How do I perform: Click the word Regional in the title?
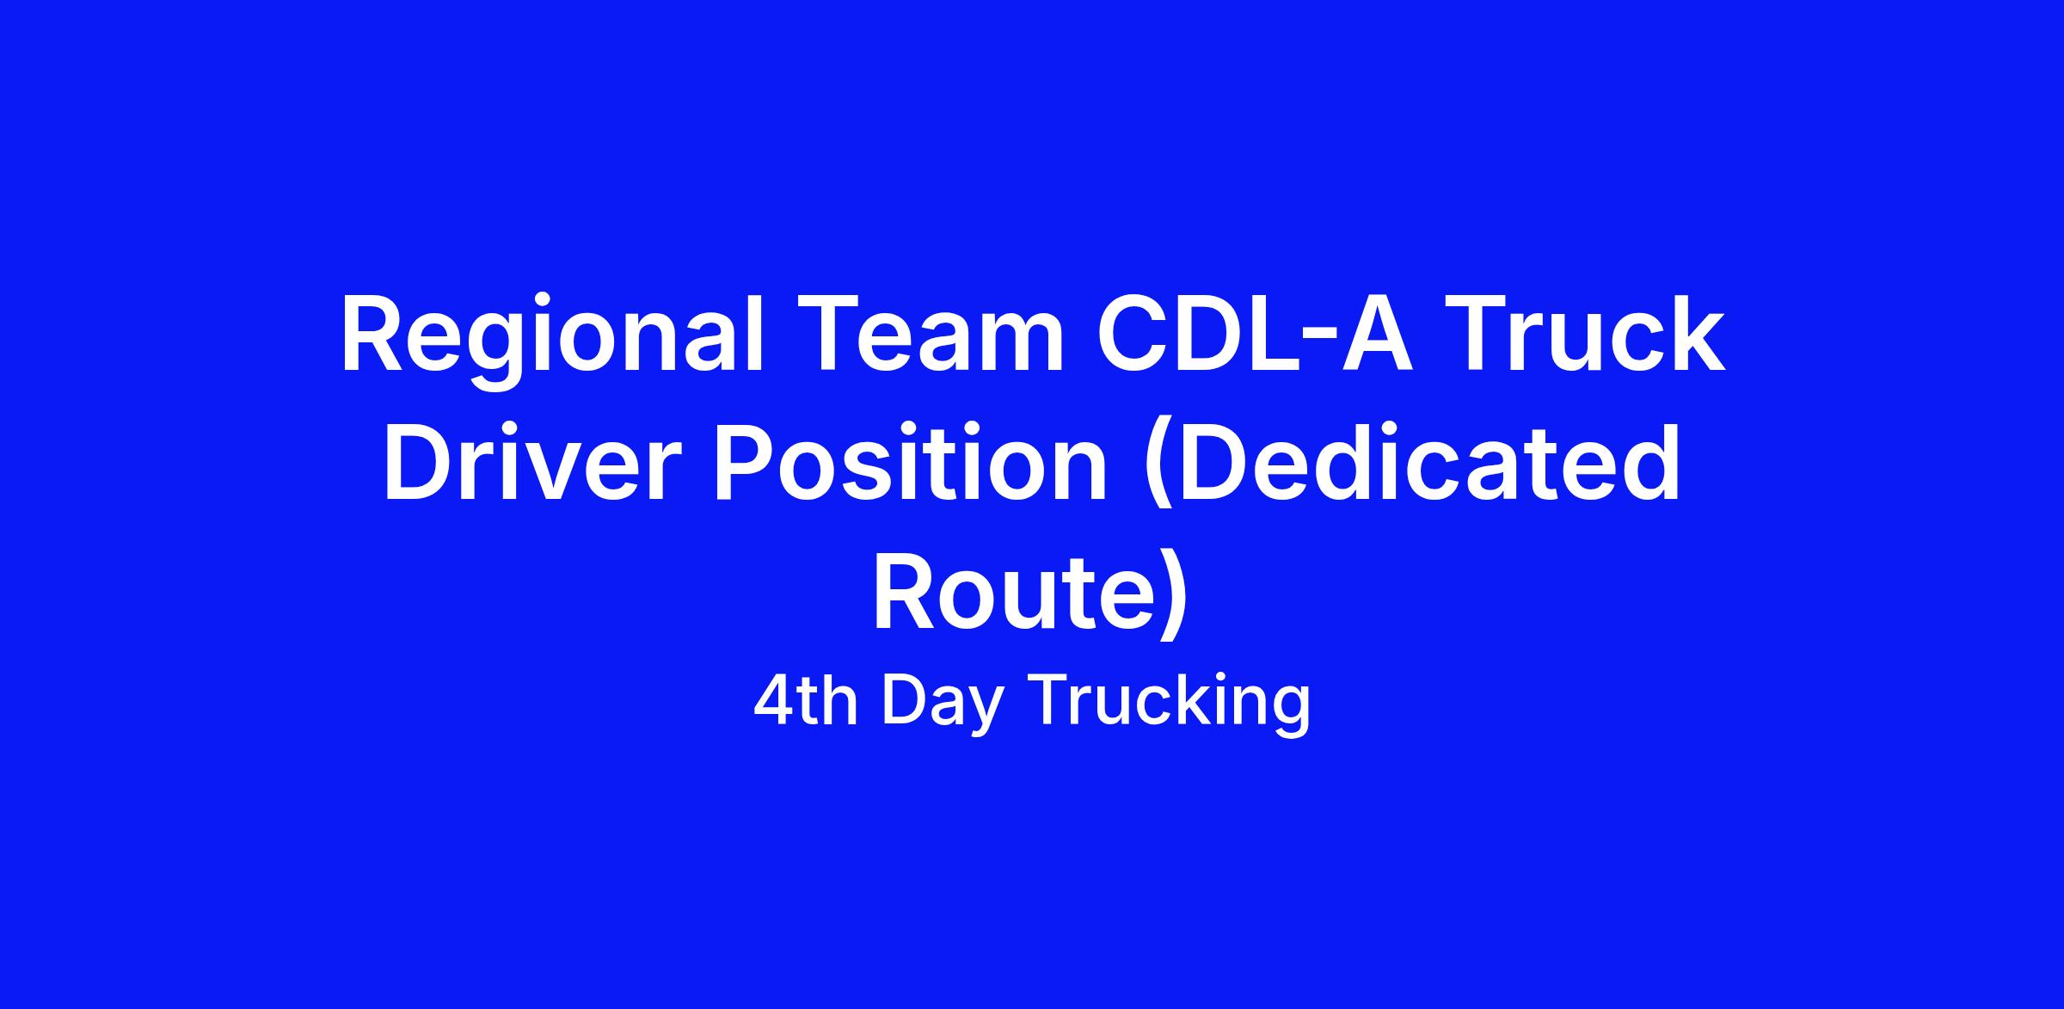552,340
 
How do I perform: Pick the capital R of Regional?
372,335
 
